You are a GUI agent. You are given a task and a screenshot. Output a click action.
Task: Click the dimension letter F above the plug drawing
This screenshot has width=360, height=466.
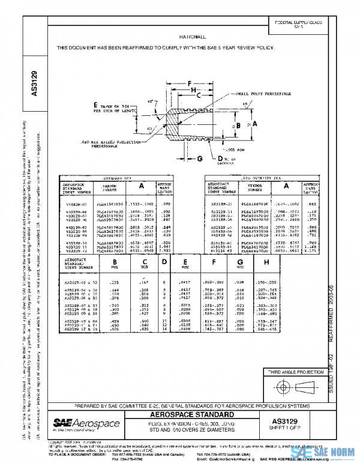tap(188, 82)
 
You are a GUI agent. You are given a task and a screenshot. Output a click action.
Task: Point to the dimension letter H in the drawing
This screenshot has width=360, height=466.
tap(193, 89)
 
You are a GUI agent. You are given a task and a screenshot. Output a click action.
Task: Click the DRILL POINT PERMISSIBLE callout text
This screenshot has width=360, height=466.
tap(271, 94)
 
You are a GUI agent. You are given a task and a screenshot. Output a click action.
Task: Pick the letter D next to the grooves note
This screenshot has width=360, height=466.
tap(223, 159)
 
